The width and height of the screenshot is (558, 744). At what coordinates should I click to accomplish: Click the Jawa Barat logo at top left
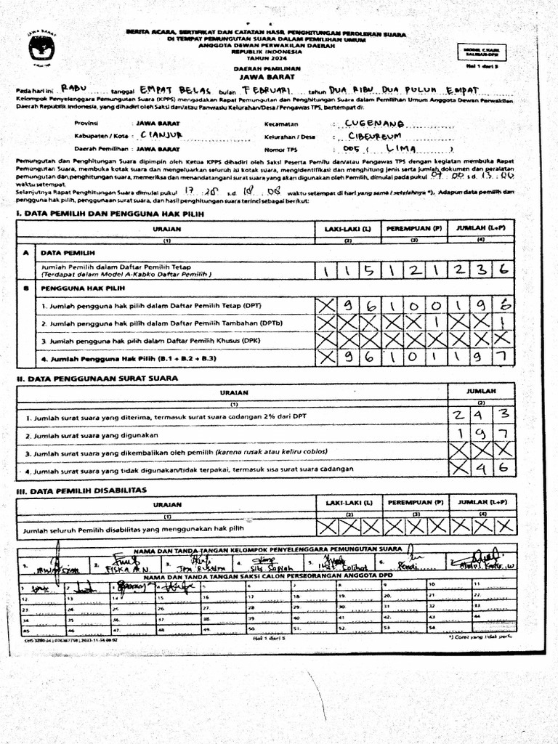[x=41, y=50]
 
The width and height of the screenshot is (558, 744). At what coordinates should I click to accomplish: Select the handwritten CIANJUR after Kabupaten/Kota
[x=161, y=134]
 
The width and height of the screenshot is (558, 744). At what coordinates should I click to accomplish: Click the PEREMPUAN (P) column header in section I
[x=414, y=228]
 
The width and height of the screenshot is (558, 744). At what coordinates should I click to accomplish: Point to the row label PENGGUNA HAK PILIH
[x=80, y=288]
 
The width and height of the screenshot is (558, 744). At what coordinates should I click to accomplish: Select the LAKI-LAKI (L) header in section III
[x=348, y=502]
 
